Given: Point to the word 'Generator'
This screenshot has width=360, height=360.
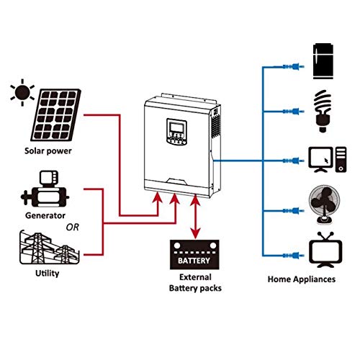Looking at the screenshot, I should (45, 215).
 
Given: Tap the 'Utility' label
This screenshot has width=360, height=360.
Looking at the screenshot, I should (47, 274).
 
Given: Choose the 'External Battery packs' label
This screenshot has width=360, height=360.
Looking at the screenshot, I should (194, 282).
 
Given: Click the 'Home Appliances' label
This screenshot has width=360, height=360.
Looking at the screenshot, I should (301, 278).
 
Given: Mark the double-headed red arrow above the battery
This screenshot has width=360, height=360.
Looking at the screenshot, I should (194, 217).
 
